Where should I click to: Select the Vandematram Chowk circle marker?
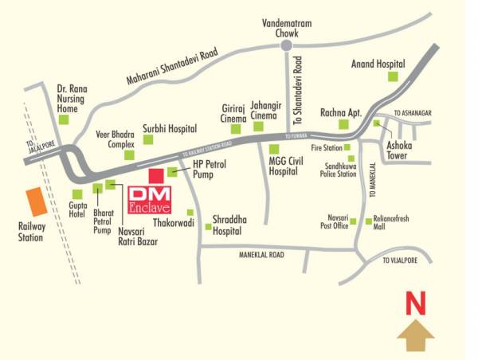coord(286,47)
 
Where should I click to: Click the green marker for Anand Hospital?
coord(392,76)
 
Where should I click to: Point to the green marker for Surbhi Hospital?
coord(147,139)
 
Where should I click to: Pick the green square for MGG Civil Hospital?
coord(275,149)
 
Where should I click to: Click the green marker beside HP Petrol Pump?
coord(172,171)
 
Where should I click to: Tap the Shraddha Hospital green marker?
coord(209,228)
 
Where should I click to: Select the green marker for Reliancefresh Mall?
coord(367,221)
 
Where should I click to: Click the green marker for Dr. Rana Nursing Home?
coord(65,120)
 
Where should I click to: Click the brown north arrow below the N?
coord(415,336)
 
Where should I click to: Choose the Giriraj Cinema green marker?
coord(236,128)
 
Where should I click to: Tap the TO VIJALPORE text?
coord(400,260)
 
